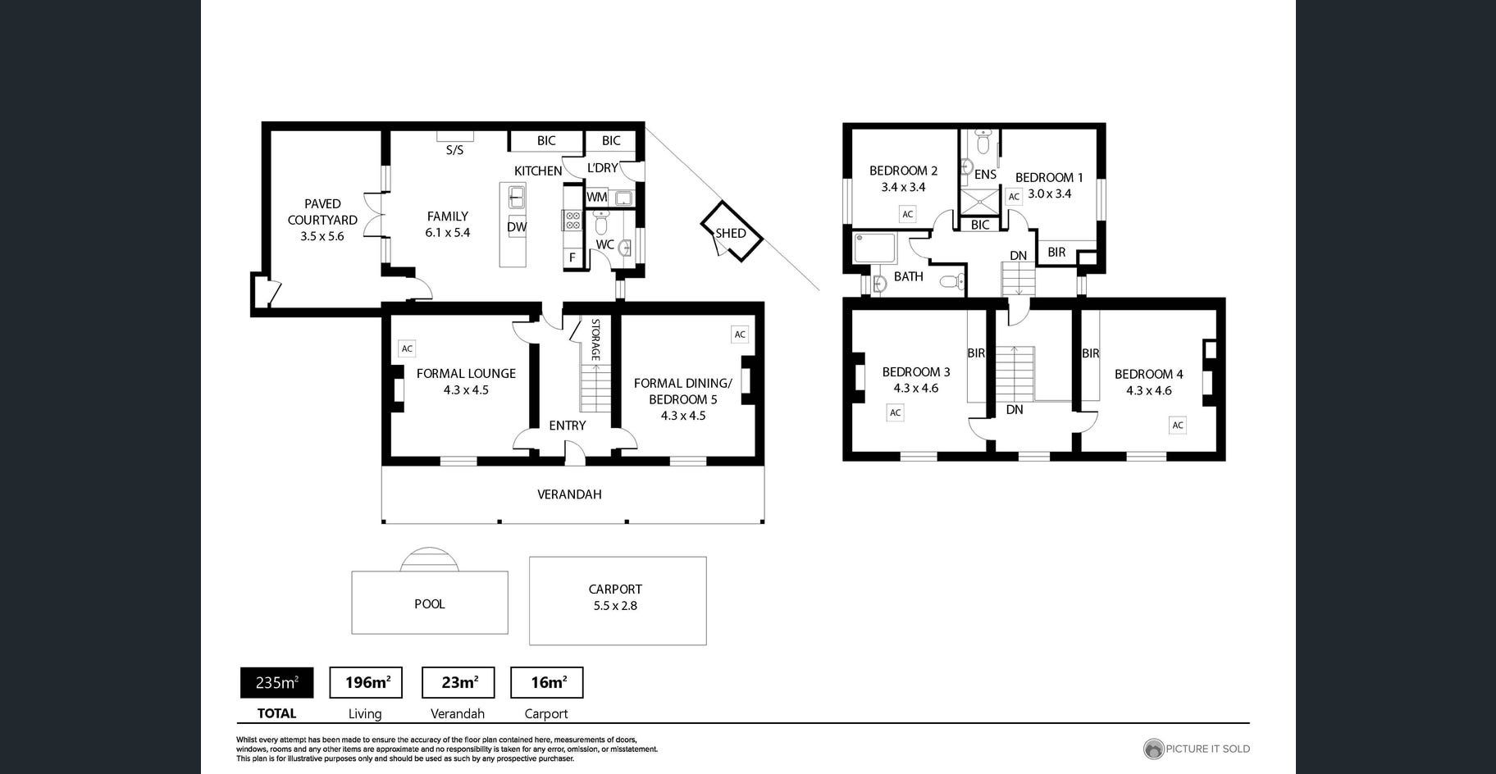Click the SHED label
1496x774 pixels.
click(x=731, y=233)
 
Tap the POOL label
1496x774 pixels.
click(x=430, y=604)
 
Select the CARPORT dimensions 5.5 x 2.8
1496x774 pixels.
click(x=615, y=606)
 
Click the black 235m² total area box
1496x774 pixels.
click(x=276, y=682)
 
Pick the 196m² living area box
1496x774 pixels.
click(x=366, y=682)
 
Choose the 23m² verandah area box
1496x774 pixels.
click(x=458, y=682)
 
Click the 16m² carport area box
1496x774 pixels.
click(x=547, y=682)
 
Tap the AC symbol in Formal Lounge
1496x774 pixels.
click(x=407, y=348)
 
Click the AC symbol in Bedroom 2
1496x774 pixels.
click(x=907, y=214)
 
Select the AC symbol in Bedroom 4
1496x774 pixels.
click(x=1178, y=425)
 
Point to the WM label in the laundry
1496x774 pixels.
click(x=597, y=197)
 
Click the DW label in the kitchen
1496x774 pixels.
click(x=517, y=227)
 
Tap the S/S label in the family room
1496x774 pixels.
click(x=454, y=150)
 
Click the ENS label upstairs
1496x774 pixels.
click(x=986, y=175)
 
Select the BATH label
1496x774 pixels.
click(x=909, y=276)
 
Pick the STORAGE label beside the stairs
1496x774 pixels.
click(x=596, y=339)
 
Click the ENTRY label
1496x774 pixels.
click(x=568, y=426)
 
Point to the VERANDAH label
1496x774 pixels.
click(x=569, y=494)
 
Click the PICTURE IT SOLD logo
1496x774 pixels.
click(x=1197, y=749)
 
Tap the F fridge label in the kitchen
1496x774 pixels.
click(x=572, y=257)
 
